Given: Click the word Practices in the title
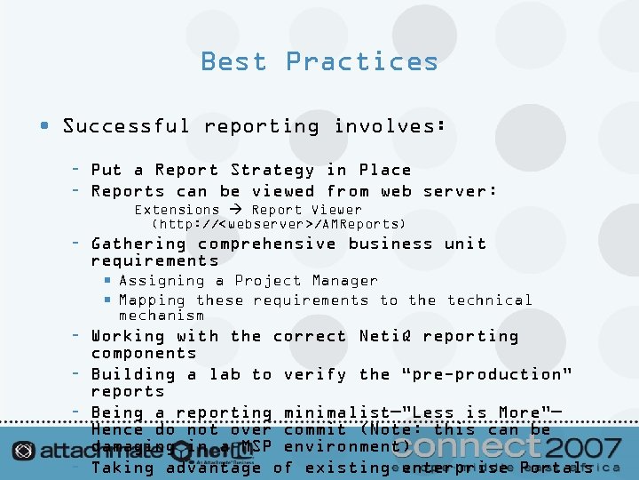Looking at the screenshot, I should click(x=362, y=61).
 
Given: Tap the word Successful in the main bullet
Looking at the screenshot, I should click(x=126, y=126).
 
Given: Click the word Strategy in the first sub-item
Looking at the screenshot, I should click(x=272, y=170).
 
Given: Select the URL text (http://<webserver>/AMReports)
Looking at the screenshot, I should click(x=279, y=224).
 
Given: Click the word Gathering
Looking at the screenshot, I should click(x=139, y=244).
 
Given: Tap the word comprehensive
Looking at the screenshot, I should click(x=268, y=244).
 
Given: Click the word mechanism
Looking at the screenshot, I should click(x=162, y=315).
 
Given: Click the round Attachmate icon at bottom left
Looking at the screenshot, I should click(x=24, y=450).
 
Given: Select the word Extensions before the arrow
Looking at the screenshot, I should click(x=177, y=210).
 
